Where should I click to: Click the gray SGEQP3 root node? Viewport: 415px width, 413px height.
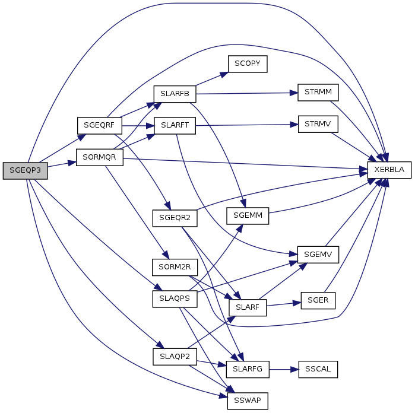point(25,170)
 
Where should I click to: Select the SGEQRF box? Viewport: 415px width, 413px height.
point(99,126)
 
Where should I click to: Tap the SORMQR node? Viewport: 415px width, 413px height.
point(99,158)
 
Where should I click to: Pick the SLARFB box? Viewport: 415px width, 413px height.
point(175,94)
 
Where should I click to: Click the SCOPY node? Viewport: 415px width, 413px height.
point(248,63)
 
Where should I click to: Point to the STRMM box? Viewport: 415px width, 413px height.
point(318,93)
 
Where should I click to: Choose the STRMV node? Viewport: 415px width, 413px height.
point(318,125)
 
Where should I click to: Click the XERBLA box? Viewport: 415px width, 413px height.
point(389,170)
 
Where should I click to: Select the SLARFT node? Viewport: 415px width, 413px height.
point(175,126)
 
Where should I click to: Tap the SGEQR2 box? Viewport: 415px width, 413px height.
point(175,218)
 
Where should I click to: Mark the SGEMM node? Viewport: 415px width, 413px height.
point(248,216)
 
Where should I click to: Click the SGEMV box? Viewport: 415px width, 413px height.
point(318,254)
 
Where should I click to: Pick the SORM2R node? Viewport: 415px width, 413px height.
point(175,266)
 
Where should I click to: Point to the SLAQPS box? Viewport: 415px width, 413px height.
point(175,298)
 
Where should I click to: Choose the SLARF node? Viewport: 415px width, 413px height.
point(248,307)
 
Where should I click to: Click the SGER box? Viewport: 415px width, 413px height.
point(318,300)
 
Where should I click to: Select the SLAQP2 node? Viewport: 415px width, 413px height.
point(175,357)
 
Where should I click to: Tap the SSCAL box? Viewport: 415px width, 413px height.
point(318,369)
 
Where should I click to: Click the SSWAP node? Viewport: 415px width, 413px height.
point(248,401)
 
